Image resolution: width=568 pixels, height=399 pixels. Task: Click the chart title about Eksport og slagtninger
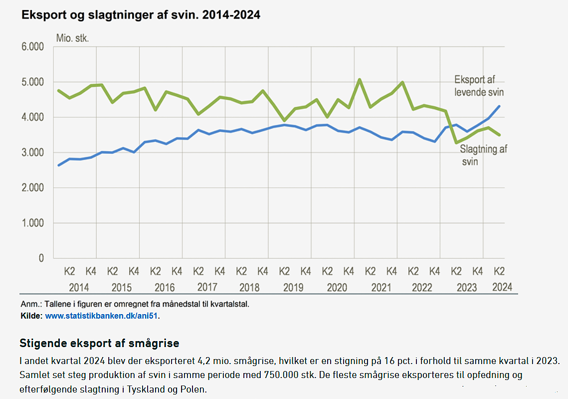click(x=140, y=15)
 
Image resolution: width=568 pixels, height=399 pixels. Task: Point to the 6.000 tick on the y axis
click(x=32, y=47)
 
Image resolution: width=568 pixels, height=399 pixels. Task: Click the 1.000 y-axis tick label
click(x=32, y=223)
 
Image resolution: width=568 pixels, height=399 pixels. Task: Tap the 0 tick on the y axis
click(x=41, y=259)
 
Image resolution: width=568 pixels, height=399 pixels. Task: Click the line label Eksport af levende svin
click(x=479, y=86)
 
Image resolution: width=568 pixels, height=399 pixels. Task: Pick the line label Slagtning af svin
click(x=483, y=155)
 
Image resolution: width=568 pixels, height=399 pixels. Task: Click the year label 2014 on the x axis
click(x=79, y=288)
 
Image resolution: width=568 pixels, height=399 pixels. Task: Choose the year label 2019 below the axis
click(x=294, y=288)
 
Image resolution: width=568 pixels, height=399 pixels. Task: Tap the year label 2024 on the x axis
click(x=502, y=287)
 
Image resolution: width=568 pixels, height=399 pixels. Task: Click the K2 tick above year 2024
click(x=499, y=272)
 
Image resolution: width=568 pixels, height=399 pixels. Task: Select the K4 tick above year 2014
click(x=91, y=272)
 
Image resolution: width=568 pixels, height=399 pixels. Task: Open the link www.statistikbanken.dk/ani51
click(x=102, y=316)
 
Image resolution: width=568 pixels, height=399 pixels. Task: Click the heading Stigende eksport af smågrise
click(x=99, y=344)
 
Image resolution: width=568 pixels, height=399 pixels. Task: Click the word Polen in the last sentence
click(x=193, y=389)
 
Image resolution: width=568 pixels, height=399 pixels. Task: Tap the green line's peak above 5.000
click(x=359, y=79)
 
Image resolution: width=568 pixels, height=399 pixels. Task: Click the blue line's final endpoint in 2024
click(x=499, y=106)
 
